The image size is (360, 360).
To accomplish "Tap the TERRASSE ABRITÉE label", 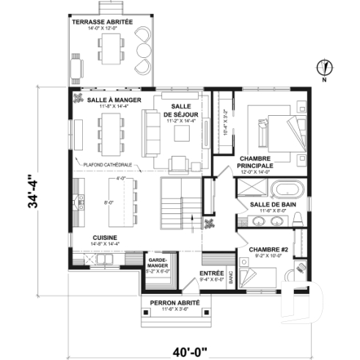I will coord(103,23).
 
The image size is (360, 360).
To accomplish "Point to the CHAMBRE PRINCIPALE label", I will coord(257,162).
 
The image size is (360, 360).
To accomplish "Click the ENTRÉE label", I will coord(212,273).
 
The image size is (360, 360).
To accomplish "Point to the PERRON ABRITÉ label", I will coord(169,302).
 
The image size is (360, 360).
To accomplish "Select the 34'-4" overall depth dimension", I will coord(32,192).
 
